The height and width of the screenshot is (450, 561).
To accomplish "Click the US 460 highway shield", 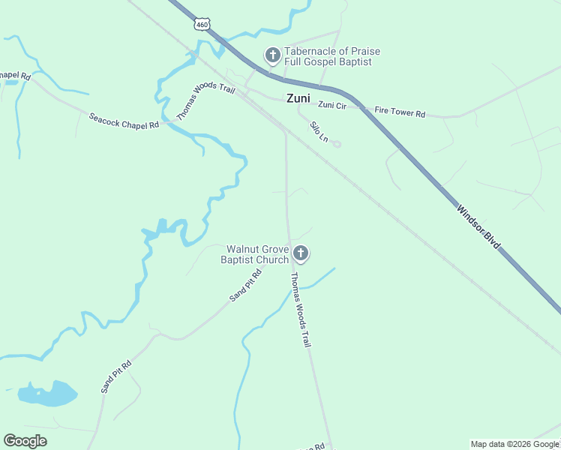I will coord(202,24).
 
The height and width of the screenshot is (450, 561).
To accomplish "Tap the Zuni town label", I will coord(298,97).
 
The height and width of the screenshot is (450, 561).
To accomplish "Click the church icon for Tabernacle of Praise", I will coord(272,55).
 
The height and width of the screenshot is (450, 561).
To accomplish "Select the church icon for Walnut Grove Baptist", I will coord(301,253).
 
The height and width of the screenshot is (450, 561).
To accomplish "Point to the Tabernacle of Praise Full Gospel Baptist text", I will coord(332,56).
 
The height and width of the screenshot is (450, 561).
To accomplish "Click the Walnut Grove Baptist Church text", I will coord(254,254).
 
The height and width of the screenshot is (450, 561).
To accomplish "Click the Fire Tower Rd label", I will coord(400,113).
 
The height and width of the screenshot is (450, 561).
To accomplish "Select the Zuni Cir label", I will coord(331,105).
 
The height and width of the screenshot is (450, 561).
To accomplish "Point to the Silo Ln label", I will coord(319,132).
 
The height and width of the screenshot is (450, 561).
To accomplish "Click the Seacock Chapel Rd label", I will coord(124,120).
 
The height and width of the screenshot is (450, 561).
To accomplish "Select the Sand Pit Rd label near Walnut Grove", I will coord(245,285).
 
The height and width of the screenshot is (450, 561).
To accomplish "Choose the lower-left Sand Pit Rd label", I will coord(116,376).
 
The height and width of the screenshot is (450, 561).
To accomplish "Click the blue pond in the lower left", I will coord(49,393).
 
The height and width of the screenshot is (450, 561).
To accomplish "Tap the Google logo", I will coord(25,441).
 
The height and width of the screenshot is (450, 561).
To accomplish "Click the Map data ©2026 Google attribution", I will coord(514,444).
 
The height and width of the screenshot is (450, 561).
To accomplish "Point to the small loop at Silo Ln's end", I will coord(337,144).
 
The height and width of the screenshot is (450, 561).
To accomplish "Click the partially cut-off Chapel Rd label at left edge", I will coord(14,76).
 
